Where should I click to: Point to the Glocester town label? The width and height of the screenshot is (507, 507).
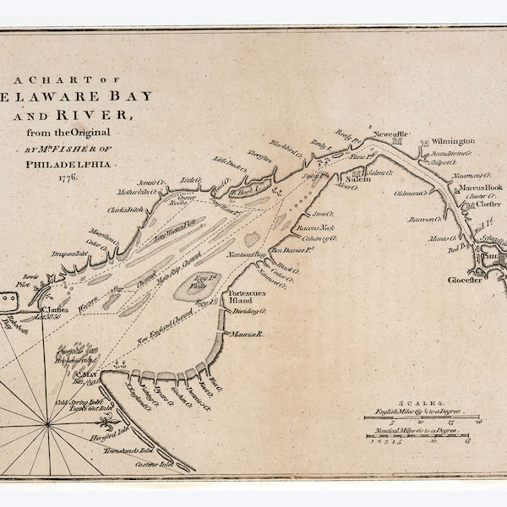[464, 280]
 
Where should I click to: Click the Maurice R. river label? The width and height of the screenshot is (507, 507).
[249, 335]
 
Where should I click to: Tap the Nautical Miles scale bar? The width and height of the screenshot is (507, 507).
[415, 436]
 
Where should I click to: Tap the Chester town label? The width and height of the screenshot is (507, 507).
[487, 204]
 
